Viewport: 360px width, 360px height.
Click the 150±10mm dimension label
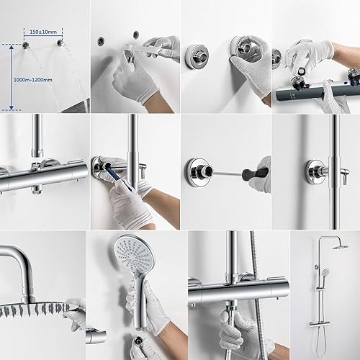pos(43,32)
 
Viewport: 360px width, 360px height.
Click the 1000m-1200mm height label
pos(32,80)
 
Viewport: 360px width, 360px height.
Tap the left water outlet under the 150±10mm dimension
pos(25,45)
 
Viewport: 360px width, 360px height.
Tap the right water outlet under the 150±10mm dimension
pos(60,42)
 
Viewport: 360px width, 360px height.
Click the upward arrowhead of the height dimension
pos(12,47)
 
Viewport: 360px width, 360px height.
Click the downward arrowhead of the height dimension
pos(12,108)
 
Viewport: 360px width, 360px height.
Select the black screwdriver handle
pos(255,173)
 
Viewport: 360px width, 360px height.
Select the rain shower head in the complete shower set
pos(341,246)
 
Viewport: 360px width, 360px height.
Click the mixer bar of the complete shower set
pos(319,323)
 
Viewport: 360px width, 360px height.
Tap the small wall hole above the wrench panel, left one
pos(101,42)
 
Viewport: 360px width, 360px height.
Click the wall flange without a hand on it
pos(197,57)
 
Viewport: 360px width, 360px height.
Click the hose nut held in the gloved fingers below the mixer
pos(231,309)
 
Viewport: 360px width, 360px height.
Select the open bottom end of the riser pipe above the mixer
pos(37,153)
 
